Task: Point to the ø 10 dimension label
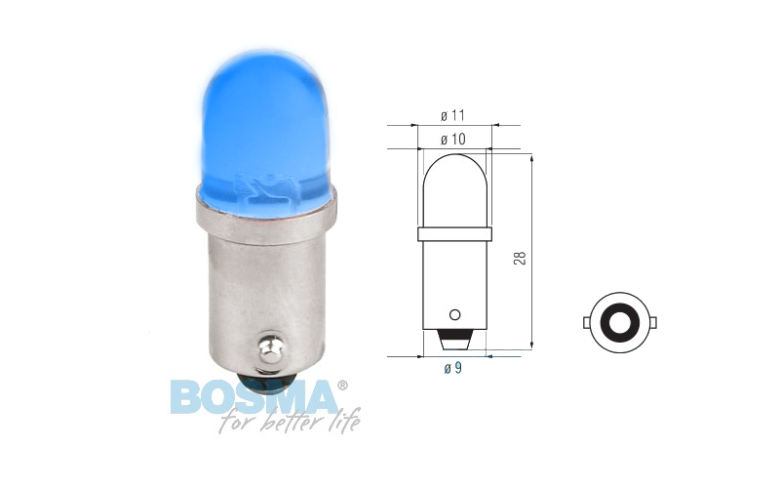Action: pyautogui.click(x=453, y=140)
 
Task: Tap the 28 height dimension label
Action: pyautogui.click(x=520, y=258)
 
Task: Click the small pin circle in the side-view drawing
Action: pyautogui.click(x=453, y=314)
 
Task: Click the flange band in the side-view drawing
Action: pyautogui.click(x=453, y=234)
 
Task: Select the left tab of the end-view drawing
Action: pyautogui.click(x=585, y=323)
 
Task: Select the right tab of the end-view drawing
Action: pyautogui.click(x=654, y=323)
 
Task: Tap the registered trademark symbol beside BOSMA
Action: pyautogui.click(x=341, y=385)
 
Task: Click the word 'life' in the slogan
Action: pyautogui.click(x=341, y=423)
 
